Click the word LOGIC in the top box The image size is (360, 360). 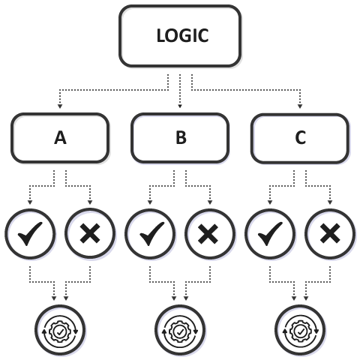tap(182, 35)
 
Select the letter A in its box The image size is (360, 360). tap(60, 138)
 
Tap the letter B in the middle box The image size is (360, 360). tap(181, 138)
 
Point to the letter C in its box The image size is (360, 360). tap(300, 138)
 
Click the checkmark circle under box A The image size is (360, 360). tap(30, 234)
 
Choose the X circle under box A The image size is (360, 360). tap(90, 234)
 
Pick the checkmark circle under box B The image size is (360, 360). tap(150, 234)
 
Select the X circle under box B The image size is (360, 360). tap(210, 234)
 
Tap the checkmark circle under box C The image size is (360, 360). tap(270, 234)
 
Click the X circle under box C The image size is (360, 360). tap(330, 234)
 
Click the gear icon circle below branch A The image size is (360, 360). tap(60, 330)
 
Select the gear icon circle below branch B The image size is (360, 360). tap(180, 330)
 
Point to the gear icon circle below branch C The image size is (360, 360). tap(300, 330)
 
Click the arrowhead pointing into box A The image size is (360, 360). tap(60, 106)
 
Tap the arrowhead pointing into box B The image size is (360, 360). tap(180, 106)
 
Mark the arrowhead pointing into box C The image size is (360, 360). tap(300, 106)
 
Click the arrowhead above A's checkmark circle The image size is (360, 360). tap(30, 202)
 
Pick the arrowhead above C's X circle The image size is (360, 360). tap(330, 202)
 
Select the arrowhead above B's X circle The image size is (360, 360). tap(210, 202)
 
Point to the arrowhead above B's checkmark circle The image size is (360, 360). tap(150, 202)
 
